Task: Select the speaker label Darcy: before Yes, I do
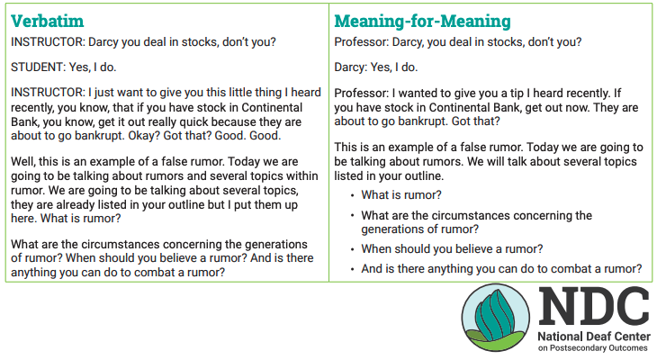[x=350, y=67]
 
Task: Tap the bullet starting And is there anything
[x=500, y=268]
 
